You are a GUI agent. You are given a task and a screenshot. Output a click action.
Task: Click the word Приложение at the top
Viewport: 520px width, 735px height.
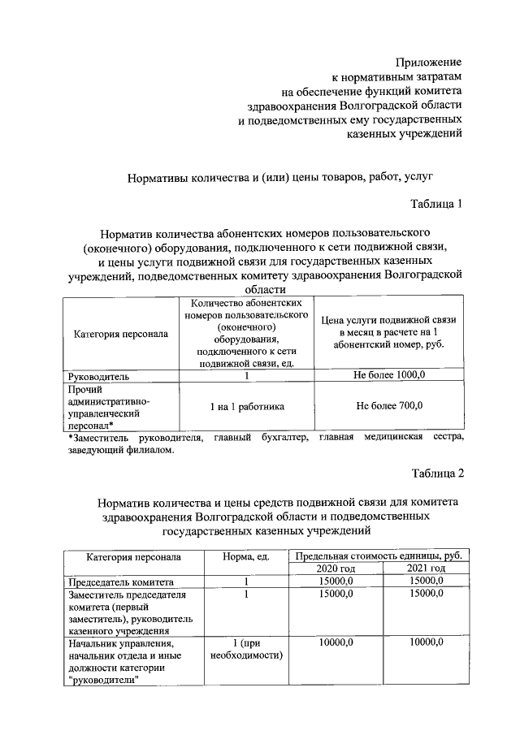[429, 62]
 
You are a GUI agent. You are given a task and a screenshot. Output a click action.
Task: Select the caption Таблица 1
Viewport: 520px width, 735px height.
[436, 204]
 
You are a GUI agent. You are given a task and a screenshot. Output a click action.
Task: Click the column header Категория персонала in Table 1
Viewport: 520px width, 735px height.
[121, 334]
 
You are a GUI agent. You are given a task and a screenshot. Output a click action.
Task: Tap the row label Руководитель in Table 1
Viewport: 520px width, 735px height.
[98, 376]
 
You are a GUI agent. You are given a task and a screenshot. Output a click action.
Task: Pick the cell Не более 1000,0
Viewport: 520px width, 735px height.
[388, 376]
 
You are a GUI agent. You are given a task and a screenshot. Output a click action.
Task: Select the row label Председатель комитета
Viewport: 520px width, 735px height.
[120, 582]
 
